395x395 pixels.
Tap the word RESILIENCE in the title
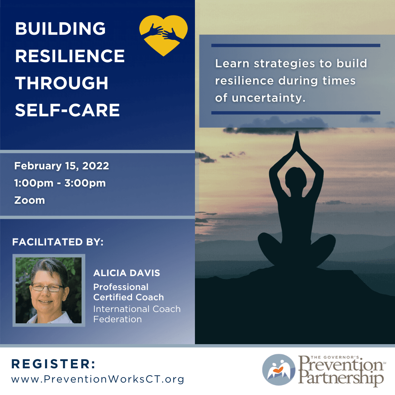coord(70,56)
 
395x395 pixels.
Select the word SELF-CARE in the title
coord(67,110)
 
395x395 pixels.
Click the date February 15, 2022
coord(62,166)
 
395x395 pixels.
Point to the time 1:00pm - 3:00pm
coord(60,183)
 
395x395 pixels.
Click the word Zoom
coord(30,200)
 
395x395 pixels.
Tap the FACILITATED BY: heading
coord(58,242)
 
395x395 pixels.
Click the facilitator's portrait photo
coord(49,290)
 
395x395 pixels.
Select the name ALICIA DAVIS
coord(127,273)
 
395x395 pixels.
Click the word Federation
coord(117,319)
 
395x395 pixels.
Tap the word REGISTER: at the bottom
coord(53,364)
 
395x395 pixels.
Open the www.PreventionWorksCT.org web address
coord(98,379)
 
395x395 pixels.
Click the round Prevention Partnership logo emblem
coord(279,370)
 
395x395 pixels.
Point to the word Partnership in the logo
coord(341,377)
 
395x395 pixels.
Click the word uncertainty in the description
coord(268,98)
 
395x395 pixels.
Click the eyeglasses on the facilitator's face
coord(48,288)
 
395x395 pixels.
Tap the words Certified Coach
coord(128,297)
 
